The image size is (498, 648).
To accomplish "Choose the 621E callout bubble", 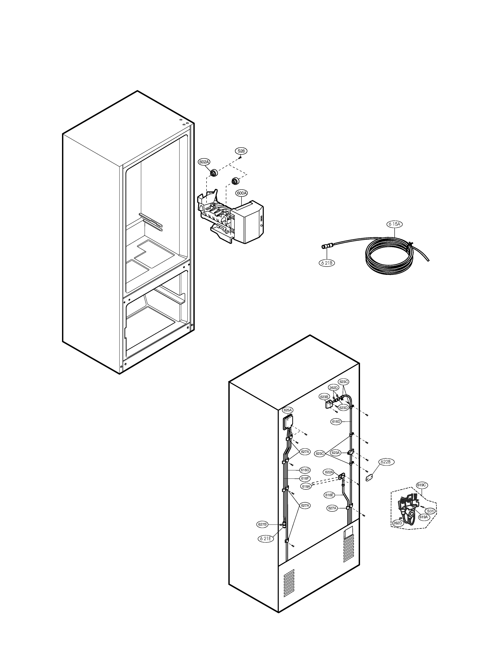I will pos(266,539).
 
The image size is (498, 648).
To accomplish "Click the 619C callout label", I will pos(421,485).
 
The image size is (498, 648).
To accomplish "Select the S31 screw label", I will pos(430,511).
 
